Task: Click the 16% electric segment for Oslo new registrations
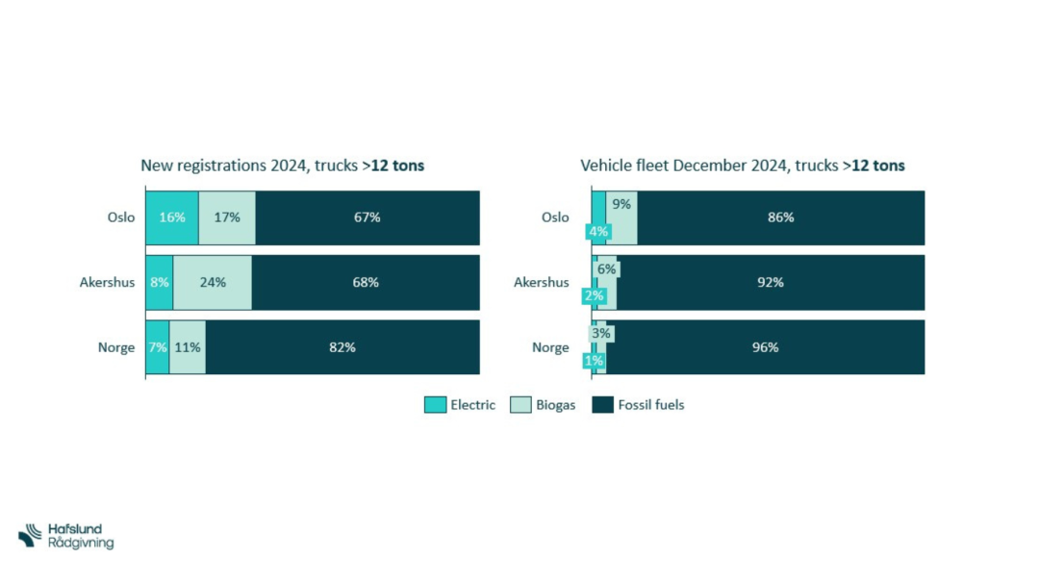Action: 172,217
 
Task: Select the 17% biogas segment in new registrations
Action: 227,217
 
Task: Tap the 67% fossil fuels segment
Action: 367,217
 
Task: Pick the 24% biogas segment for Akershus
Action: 213,283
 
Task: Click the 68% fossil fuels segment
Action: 366,283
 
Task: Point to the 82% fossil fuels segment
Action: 342,347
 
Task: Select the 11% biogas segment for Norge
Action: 188,347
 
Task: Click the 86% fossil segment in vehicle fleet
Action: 780,217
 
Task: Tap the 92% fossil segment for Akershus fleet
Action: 770,283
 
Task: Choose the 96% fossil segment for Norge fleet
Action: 765,347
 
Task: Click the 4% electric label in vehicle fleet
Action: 598,232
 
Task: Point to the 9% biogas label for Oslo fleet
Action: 621,204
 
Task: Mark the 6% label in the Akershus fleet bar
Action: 606,270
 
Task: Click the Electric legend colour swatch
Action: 435,405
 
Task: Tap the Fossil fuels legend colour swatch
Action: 602,405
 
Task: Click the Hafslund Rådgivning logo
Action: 66,537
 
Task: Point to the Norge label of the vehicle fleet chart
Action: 550,347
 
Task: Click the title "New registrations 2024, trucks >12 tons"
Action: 283,165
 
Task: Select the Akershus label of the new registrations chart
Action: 107,283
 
